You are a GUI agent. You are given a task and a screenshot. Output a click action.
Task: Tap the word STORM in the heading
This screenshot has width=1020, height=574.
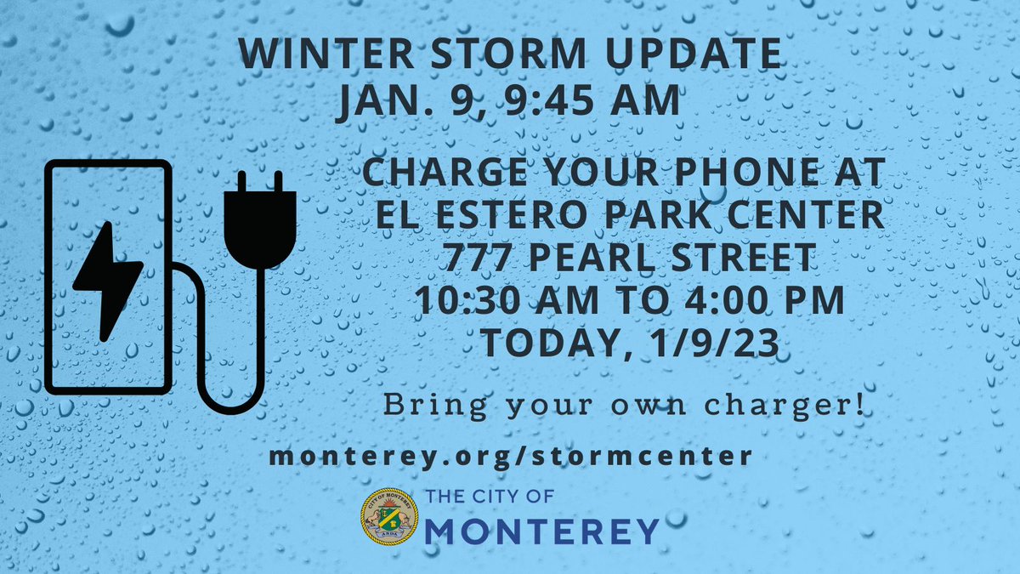click(x=482, y=55)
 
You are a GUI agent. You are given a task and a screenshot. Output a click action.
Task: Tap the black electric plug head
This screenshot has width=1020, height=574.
click(x=260, y=219)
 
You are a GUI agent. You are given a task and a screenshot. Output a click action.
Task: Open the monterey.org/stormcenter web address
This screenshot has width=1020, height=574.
click(x=510, y=456)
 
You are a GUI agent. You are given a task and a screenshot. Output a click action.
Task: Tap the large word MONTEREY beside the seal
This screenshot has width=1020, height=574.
click(x=541, y=531)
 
